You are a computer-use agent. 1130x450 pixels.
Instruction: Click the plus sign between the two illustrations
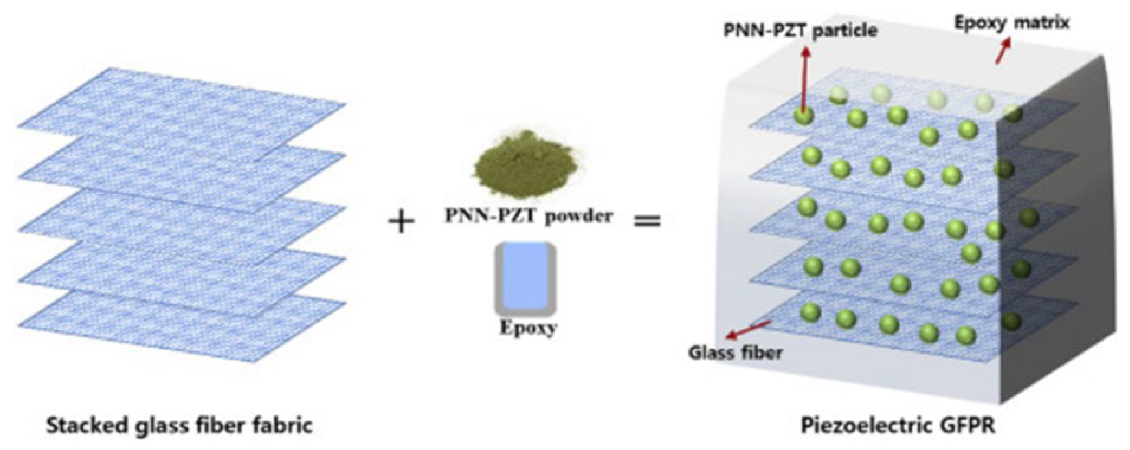tap(401, 223)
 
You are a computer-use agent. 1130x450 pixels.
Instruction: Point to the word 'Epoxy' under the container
tap(528, 328)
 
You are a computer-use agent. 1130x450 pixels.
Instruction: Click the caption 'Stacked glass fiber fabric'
tap(180, 425)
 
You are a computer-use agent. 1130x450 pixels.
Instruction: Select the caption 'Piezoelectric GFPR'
tap(898, 425)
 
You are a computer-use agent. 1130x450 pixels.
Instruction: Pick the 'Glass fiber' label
tap(735, 352)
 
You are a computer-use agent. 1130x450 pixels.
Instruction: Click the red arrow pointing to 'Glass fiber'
tap(748, 329)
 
